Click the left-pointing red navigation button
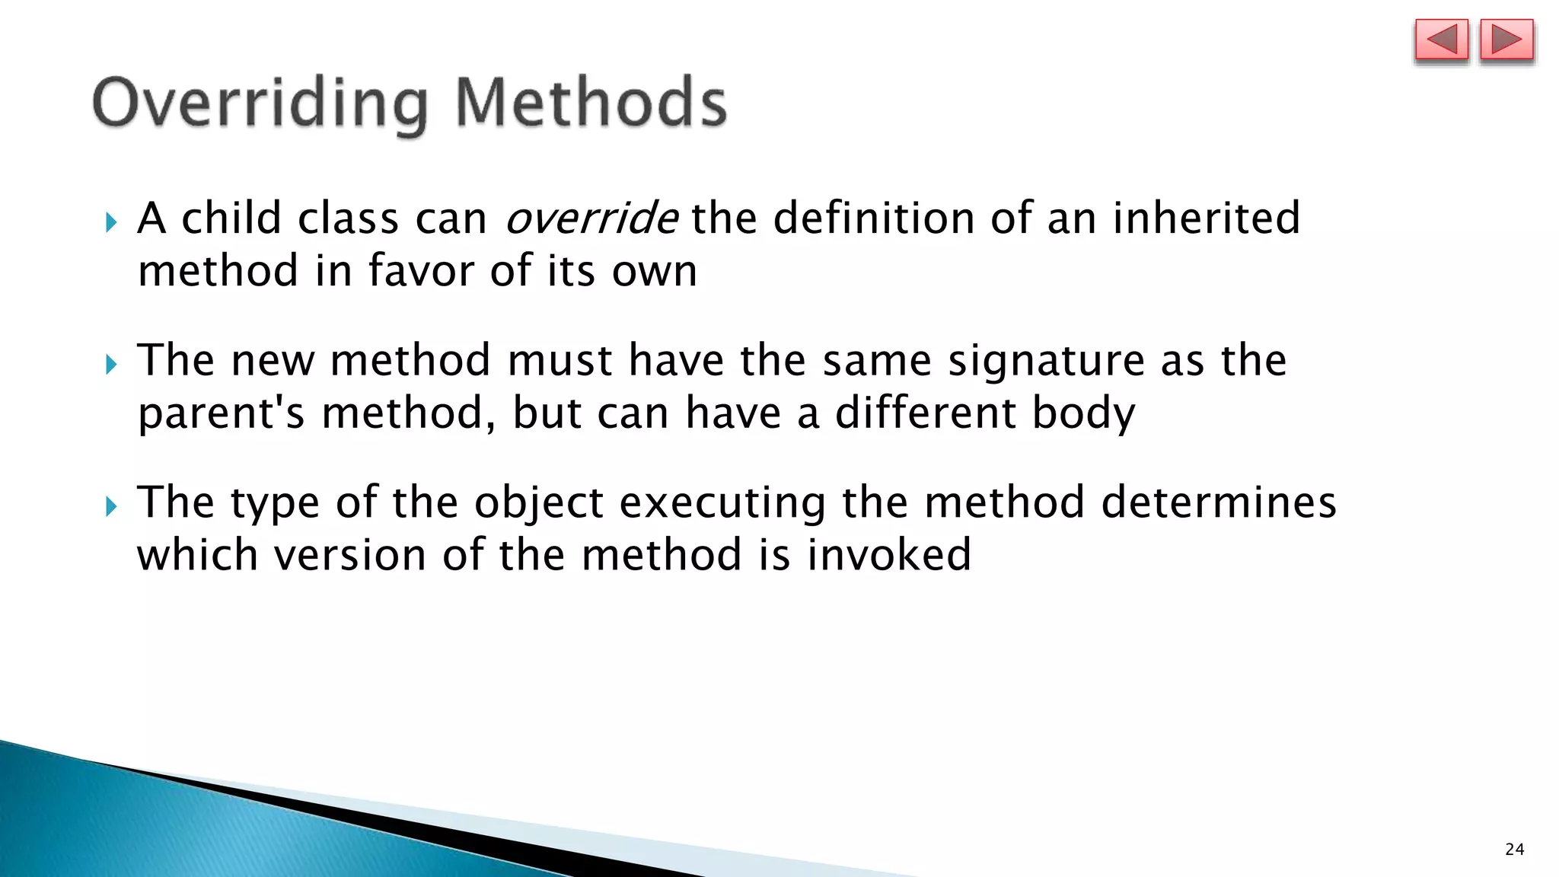(x=1441, y=40)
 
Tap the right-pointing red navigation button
(x=1506, y=40)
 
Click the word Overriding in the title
(x=260, y=104)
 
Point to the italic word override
(x=591, y=218)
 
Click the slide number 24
(x=1514, y=850)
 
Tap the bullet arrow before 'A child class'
(x=112, y=222)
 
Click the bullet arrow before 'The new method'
(x=112, y=364)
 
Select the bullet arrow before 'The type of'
(x=112, y=505)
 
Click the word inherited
(x=1207, y=218)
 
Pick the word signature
(x=1046, y=361)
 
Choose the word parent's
(x=222, y=414)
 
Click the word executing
(x=722, y=503)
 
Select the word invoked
(x=888, y=554)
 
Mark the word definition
(x=874, y=218)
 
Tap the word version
(x=351, y=554)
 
